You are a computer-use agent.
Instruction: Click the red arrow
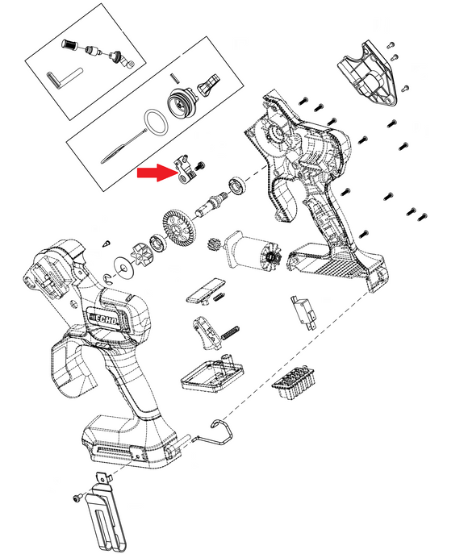tap(157, 173)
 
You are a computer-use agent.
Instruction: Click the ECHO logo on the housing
tap(103, 318)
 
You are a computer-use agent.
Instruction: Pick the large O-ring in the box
tap(156, 122)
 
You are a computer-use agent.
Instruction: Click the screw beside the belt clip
tap(77, 497)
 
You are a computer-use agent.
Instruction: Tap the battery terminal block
tap(294, 383)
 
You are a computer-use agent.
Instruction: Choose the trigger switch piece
tap(207, 332)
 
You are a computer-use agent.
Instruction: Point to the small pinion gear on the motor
tap(213, 244)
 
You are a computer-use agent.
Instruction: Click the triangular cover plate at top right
tap(368, 74)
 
